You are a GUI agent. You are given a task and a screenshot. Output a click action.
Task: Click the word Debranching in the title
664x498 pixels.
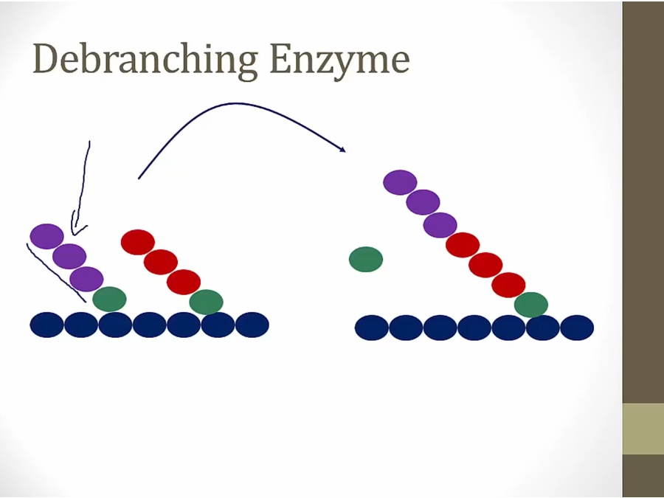click(145, 58)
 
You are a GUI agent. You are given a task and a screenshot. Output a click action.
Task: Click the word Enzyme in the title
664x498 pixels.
click(339, 60)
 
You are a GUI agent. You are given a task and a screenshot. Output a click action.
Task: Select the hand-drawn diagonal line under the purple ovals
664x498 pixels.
click(56, 273)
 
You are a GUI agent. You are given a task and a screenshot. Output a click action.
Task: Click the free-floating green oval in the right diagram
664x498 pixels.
click(366, 259)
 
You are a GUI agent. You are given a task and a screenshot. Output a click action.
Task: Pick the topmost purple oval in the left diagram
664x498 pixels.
click(46, 236)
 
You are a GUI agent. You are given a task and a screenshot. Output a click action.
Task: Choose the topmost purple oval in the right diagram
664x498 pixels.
click(400, 182)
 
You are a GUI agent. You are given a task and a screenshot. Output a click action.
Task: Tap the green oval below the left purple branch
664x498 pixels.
click(109, 299)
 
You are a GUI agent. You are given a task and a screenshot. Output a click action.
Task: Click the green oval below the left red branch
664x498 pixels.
click(207, 302)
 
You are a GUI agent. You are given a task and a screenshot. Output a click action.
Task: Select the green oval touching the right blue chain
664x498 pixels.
click(531, 305)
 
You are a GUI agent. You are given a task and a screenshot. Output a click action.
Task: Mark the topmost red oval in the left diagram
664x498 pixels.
click(138, 242)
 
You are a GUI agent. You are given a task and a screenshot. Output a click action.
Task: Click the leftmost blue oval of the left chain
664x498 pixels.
click(46, 325)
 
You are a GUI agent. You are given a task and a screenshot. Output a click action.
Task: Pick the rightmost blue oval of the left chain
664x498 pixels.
click(252, 325)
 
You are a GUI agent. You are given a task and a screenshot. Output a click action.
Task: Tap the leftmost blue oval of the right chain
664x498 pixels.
click(371, 328)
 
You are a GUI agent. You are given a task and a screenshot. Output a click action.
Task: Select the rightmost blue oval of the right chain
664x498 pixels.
click(577, 328)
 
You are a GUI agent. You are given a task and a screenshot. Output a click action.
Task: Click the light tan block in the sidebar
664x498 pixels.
click(643, 429)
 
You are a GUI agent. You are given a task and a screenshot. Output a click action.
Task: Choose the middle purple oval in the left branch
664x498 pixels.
click(69, 256)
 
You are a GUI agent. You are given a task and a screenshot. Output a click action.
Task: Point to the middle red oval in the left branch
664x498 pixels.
click(161, 262)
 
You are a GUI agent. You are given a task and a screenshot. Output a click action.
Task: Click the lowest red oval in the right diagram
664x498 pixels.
click(508, 285)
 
